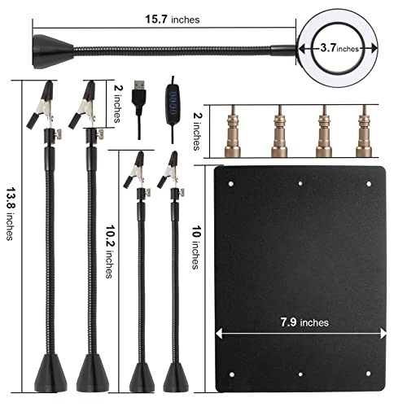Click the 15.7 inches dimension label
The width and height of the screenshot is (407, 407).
173,20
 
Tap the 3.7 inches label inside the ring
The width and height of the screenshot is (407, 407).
339,48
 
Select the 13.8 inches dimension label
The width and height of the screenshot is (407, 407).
11,213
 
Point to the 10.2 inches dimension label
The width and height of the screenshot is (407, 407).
110,252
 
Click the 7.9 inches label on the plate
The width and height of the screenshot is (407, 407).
304,322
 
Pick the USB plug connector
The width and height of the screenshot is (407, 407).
139,94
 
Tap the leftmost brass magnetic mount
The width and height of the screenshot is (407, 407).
233,131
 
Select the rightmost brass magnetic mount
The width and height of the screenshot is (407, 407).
364,131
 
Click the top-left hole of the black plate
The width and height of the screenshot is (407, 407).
231,184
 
